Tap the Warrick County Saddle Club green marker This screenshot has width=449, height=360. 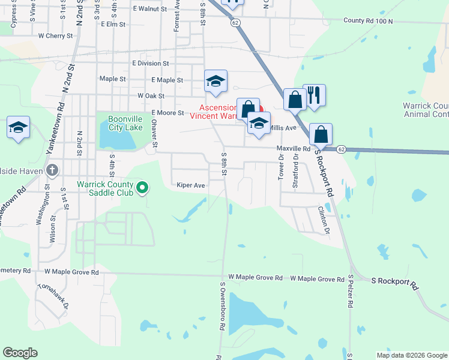pos(142,188)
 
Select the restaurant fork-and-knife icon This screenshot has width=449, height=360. pos(314,96)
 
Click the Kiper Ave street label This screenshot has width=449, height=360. pos(191,185)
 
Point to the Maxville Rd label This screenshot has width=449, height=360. pos(293,148)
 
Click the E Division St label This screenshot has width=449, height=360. pos(150,63)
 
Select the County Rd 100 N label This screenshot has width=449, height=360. pos(368,20)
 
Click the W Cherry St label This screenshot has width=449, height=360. pos(55,35)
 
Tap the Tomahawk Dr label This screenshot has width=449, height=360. pos(53,297)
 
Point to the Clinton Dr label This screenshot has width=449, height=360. pos(324,220)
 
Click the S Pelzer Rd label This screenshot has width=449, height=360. pos(350,292)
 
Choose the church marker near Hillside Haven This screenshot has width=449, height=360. pos(52,170)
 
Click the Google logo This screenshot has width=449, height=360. pos(20,353)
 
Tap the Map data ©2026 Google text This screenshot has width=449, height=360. pos(412,355)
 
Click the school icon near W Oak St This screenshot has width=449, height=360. pos(215,82)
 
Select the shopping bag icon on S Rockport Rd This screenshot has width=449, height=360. pos(321,134)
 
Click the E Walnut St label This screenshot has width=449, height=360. pos(149,9)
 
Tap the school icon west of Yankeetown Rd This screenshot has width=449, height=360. pos(19,127)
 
